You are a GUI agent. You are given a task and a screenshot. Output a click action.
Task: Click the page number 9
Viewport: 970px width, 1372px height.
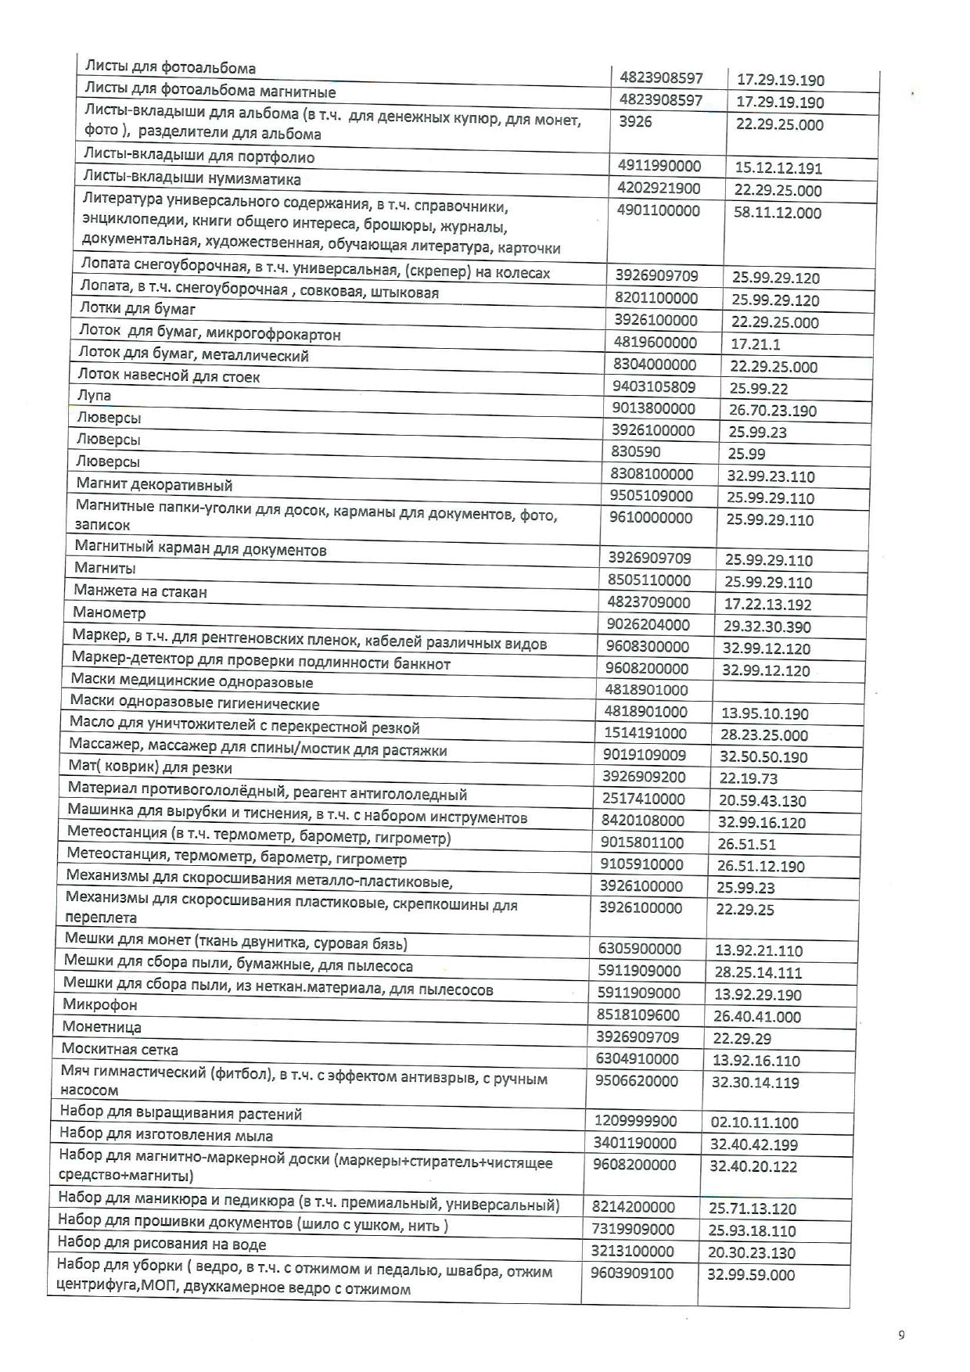(901, 1335)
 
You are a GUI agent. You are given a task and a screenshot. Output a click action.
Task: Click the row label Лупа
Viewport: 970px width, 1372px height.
(94, 396)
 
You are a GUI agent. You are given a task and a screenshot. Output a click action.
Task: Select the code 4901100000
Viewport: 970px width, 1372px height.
(659, 211)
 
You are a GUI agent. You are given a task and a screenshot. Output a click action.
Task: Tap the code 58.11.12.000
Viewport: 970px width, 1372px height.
(778, 213)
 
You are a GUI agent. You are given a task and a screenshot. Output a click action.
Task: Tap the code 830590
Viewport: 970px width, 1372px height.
(635, 451)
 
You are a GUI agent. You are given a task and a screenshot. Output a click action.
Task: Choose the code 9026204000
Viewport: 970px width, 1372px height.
(648, 624)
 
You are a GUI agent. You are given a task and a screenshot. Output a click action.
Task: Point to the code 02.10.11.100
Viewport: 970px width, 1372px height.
(754, 1122)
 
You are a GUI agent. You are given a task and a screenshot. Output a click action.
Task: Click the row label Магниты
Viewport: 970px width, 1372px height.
(105, 568)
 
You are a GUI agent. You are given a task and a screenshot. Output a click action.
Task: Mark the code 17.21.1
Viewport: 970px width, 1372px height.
(756, 344)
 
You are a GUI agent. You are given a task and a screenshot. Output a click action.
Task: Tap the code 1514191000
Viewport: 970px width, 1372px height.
(645, 733)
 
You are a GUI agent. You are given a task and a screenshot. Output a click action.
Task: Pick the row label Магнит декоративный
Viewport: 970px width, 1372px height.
(154, 485)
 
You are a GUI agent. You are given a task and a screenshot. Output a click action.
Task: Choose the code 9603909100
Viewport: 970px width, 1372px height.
(632, 1273)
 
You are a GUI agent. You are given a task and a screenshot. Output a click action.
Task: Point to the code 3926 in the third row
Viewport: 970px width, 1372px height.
(634, 122)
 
